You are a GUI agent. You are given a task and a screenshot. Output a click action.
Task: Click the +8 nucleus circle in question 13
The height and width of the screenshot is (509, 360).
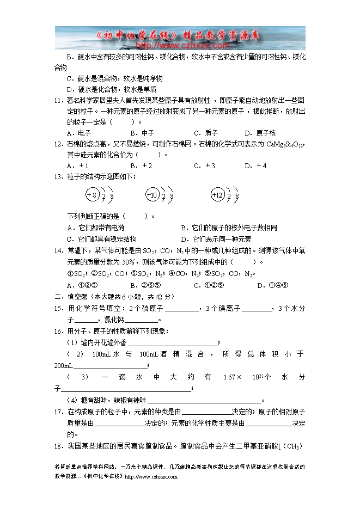click(91, 195)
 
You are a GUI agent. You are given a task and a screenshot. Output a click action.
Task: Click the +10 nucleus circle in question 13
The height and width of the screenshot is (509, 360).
click(152, 195)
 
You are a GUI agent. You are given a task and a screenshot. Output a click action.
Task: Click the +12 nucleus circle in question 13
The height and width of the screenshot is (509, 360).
click(218, 195)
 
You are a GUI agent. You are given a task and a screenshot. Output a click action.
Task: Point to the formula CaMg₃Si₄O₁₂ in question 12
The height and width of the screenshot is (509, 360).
click(284, 144)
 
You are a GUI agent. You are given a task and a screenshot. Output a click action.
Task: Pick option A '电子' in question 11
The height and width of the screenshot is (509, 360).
click(78, 133)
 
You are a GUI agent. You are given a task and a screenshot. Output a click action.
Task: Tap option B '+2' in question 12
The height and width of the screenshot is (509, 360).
click(141, 165)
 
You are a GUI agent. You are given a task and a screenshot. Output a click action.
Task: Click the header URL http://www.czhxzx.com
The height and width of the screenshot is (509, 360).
click(180, 46)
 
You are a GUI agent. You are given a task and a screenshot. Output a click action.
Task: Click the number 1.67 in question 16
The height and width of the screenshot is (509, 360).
click(229, 377)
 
